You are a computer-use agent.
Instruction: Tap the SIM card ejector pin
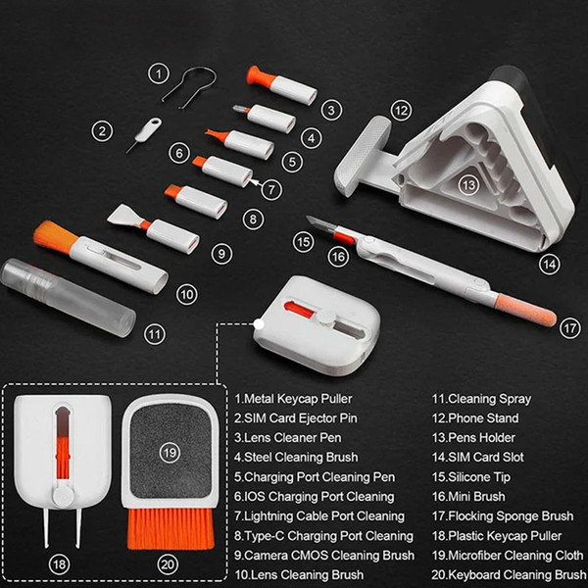point(145,133)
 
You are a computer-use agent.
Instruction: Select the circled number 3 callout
point(331,110)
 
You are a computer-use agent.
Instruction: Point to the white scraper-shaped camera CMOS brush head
point(123,216)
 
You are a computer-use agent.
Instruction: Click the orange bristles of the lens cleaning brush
point(54,236)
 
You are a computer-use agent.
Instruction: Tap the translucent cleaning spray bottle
point(68,297)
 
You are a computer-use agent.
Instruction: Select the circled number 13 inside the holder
point(468,185)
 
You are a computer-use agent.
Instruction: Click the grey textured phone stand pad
point(363,155)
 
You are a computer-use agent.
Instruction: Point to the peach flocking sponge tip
point(525,310)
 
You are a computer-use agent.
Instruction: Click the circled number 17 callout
point(570,328)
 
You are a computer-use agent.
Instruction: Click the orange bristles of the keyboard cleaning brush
point(171,527)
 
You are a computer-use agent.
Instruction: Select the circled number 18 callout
point(59,564)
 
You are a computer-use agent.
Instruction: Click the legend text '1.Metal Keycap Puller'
point(293,399)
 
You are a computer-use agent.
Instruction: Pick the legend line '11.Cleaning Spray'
point(481,399)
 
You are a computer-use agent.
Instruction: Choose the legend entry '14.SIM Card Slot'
point(478,457)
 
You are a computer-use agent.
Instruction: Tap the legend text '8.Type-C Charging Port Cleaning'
point(323,536)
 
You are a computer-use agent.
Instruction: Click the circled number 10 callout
point(187,294)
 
